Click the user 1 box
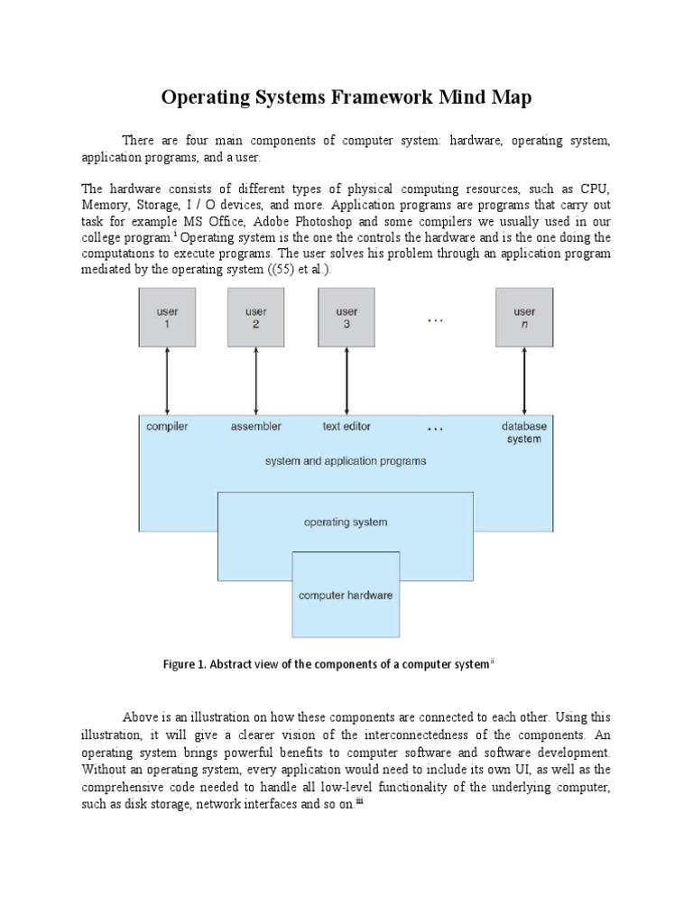tap(167, 318)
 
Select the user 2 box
tap(256, 318)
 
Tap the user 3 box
tap(346, 318)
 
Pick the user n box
tap(524, 318)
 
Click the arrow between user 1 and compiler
tap(167, 381)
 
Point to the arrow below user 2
tap(256, 381)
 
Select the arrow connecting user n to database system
tap(524, 381)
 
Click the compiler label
tap(167, 427)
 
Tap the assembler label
tap(256, 427)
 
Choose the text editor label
tap(346, 427)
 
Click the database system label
tap(524, 432)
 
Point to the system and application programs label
tap(346, 461)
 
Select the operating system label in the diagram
tap(346, 522)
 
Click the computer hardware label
tap(346, 596)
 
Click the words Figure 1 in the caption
tap(184, 665)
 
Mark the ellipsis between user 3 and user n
tap(435, 317)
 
